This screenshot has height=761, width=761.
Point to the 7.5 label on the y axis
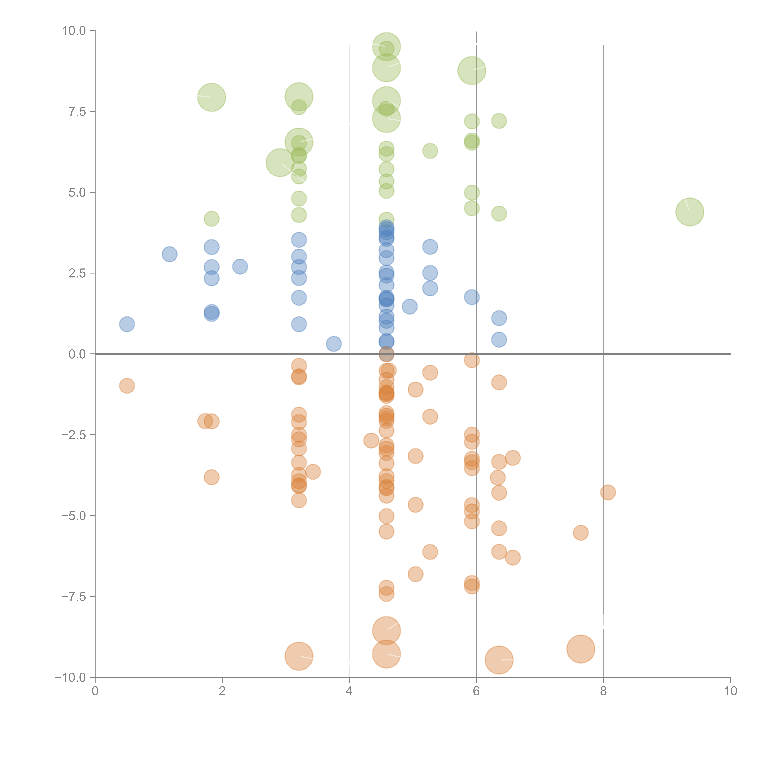click(77, 111)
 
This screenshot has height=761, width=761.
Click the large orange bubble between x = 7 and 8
click(581, 649)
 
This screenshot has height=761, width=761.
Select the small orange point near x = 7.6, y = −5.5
click(581, 533)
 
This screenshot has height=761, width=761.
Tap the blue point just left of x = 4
click(334, 344)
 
